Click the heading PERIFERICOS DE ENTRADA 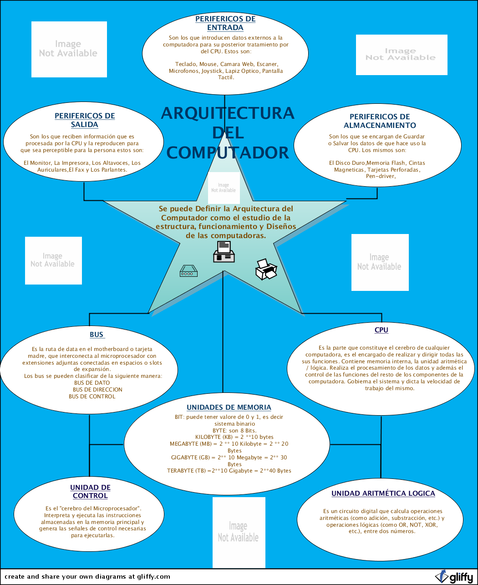[225, 23]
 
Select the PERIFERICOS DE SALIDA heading [85, 120]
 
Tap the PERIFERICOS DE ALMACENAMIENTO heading [380, 121]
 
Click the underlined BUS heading [97, 335]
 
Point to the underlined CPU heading [381, 330]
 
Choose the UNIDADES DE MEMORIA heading [229, 407]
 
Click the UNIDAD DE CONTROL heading [90, 492]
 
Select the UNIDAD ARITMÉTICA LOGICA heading [383, 493]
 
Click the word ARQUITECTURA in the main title [228, 113]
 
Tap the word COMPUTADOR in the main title [228, 153]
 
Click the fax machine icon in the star [224, 252]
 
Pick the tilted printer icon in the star [266, 269]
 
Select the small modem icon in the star [188, 271]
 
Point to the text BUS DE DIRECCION [97, 390]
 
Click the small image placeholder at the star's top [224, 188]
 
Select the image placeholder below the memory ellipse [239, 532]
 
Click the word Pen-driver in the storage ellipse [381, 176]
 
